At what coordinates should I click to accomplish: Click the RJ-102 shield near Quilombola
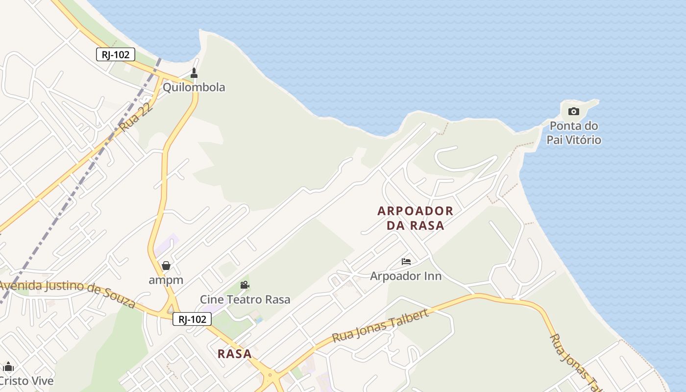(x=116, y=54)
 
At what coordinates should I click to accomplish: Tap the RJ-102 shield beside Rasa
(x=192, y=319)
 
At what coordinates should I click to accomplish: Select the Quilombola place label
(x=194, y=87)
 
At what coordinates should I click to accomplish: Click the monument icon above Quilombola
(x=194, y=73)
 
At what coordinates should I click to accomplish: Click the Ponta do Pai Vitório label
(x=574, y=133)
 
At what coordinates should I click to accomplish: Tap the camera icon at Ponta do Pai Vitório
(x=574, y=112)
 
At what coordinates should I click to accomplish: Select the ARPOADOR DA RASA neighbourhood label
(x=416, y=218)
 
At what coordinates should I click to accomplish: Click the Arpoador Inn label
(x=406, y=276)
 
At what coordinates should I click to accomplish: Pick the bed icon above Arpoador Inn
(x=406, y=262)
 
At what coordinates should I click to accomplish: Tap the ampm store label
(x=166, y=280)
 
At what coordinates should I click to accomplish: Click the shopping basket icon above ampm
(x=166, y=266)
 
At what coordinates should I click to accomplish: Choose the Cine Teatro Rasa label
(x=245, y=299)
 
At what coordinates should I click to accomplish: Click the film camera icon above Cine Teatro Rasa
(x=245, y=285)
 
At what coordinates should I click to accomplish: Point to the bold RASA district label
(x=235, y=354)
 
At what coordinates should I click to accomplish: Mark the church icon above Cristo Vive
(x=8, y=367)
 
